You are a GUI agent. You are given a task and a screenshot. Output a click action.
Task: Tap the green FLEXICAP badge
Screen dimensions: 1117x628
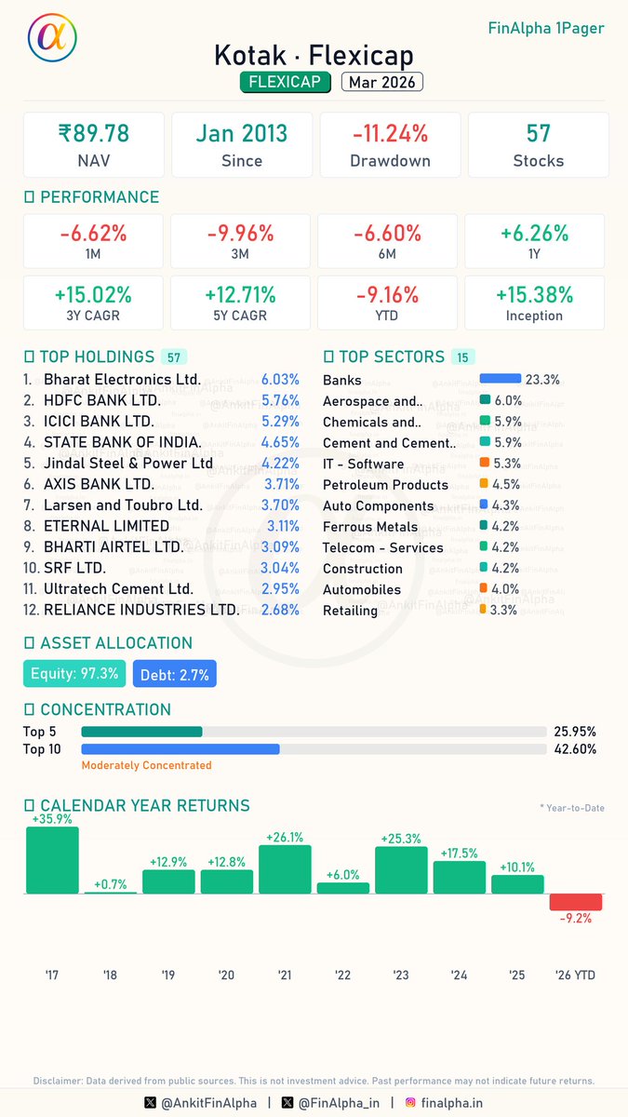tap(286, 82)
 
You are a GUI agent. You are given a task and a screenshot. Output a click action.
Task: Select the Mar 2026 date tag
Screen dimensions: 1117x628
tap(381, 82)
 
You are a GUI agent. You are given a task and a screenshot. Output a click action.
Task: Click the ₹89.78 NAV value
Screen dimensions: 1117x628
tap(93, 133)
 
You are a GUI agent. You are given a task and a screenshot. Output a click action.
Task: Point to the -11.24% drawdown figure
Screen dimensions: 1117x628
tap(390, 133)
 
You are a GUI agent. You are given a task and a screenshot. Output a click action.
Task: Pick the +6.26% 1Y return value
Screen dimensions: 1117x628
tap(534, 233)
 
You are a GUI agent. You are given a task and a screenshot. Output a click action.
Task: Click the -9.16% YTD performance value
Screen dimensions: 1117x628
tap(387, 294)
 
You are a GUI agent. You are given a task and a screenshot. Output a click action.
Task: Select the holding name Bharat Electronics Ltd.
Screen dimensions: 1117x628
tap(122, 380)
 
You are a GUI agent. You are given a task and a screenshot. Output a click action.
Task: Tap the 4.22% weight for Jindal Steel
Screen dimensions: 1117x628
tap(280, 464)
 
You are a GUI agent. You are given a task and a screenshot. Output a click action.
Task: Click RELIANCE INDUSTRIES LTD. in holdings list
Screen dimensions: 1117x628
tap(141, 610)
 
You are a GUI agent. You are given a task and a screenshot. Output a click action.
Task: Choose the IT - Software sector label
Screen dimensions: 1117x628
tap(363, 464)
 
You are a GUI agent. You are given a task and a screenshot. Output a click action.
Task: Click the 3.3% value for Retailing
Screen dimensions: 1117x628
tap(503, 611)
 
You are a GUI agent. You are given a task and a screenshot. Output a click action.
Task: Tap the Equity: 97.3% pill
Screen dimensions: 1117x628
tap(73, 673)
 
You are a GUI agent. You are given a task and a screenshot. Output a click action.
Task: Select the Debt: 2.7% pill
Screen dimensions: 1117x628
tap(174, 673)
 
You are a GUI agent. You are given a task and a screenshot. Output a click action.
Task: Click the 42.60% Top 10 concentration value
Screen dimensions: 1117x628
tap(574, 748)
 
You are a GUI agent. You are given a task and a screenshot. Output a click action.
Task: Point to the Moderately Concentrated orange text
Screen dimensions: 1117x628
tap(146, 765)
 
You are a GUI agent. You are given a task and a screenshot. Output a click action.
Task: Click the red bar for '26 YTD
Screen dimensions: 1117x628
tap(575, 902)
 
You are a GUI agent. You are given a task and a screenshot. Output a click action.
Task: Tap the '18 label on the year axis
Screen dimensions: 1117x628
tap(110, 975)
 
